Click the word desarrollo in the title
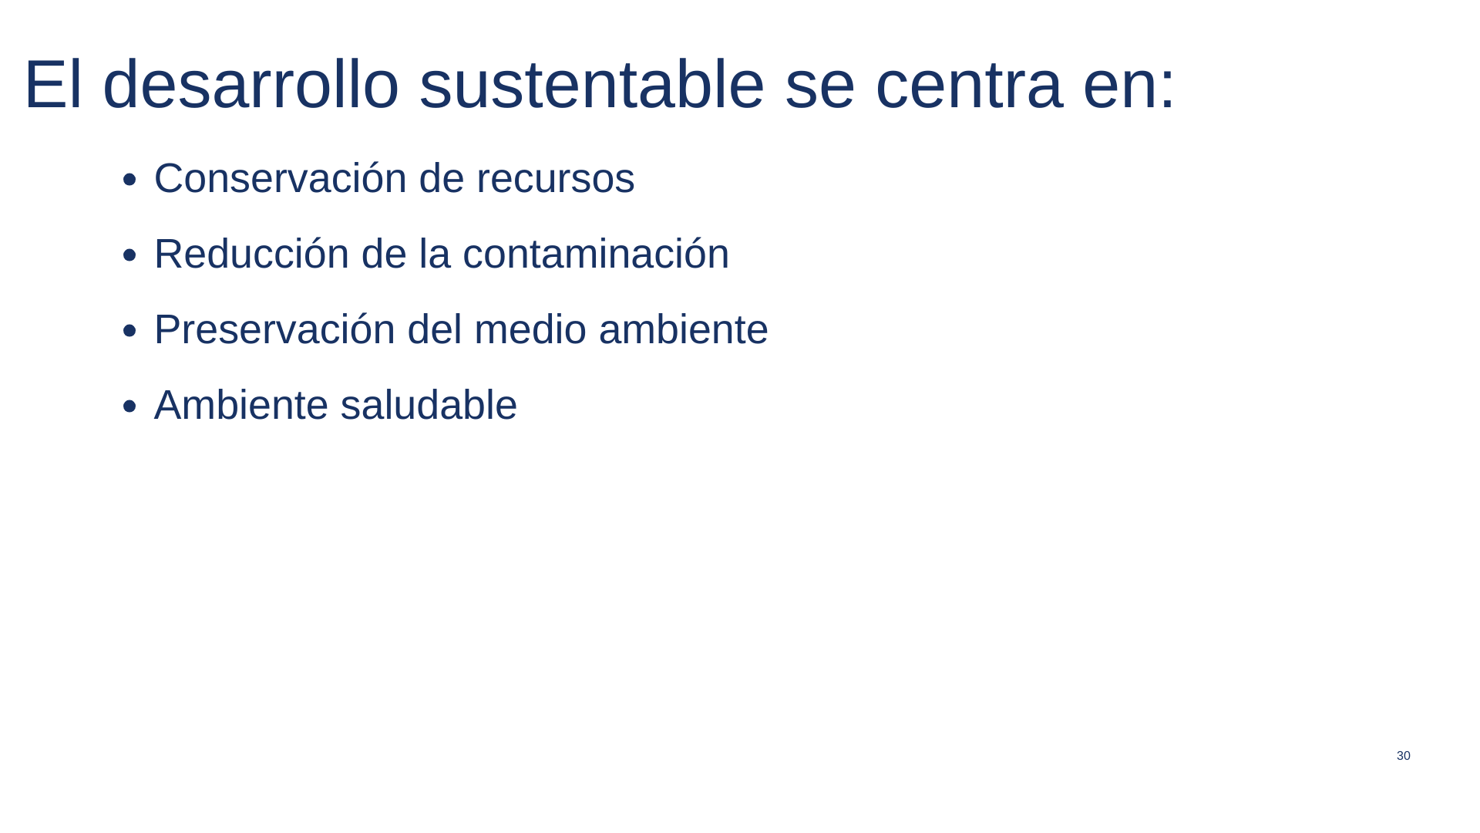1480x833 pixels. click(x=251, y=84)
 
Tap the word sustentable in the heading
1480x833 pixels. click(x=592, y=84)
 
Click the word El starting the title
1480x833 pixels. click(x=53, y=84)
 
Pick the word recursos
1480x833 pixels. click(x=556, y=180)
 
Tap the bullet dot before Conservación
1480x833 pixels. click(x=129, y=180)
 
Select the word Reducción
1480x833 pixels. click(x=251, y=254)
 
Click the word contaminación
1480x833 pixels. click(x=596, y=254)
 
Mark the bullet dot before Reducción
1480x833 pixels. click(x=129, y=256)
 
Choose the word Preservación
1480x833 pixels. click(x=274, y=329)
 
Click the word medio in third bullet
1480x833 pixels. click(x=530, y=329)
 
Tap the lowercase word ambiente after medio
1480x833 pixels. click(x=683, y=329)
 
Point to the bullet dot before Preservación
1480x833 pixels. click(x=129, y=332)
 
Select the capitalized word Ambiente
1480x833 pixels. click(x=241, y=405)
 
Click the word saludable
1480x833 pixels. click(x=429, y=405)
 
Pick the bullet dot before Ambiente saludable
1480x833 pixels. click(x=129, y=407)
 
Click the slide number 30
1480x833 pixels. click(x=1403, y=756)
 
